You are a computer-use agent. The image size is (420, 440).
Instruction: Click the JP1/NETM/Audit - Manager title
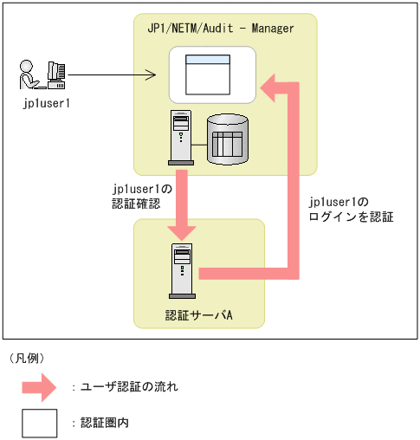pos(221,29)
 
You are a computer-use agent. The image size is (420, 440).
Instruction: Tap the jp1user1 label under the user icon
pos(47,103)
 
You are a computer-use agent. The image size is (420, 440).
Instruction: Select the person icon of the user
pos(29,74)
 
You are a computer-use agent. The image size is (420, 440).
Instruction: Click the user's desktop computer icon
pos(56,75)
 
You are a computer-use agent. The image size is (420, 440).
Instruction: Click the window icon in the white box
pos(208,74)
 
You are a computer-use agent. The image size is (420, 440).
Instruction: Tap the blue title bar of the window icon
pos(208,59)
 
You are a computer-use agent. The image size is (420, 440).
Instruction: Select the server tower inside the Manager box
pos(181,138)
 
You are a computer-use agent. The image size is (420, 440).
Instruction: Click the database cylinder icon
pos(228,139)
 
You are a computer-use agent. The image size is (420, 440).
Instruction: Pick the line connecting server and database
pos(199,145)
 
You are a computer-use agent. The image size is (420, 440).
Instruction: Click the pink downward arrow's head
pos(182,233)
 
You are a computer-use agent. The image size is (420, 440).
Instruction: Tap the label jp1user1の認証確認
pos(142,197)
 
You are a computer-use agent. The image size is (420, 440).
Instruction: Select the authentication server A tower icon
pos(182,271)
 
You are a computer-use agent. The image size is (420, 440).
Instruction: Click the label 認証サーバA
pos(199,315)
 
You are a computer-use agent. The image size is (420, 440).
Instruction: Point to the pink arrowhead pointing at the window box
pos(268,88)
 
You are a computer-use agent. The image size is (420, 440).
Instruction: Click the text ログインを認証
pos(351,217)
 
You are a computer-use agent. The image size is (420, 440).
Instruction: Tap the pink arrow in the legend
pos(39,387)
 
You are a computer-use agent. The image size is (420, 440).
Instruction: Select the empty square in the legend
pos(40,424)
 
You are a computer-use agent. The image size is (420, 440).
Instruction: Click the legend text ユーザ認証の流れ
pos(129,386)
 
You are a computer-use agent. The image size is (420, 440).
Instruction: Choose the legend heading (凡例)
pos(27,359)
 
